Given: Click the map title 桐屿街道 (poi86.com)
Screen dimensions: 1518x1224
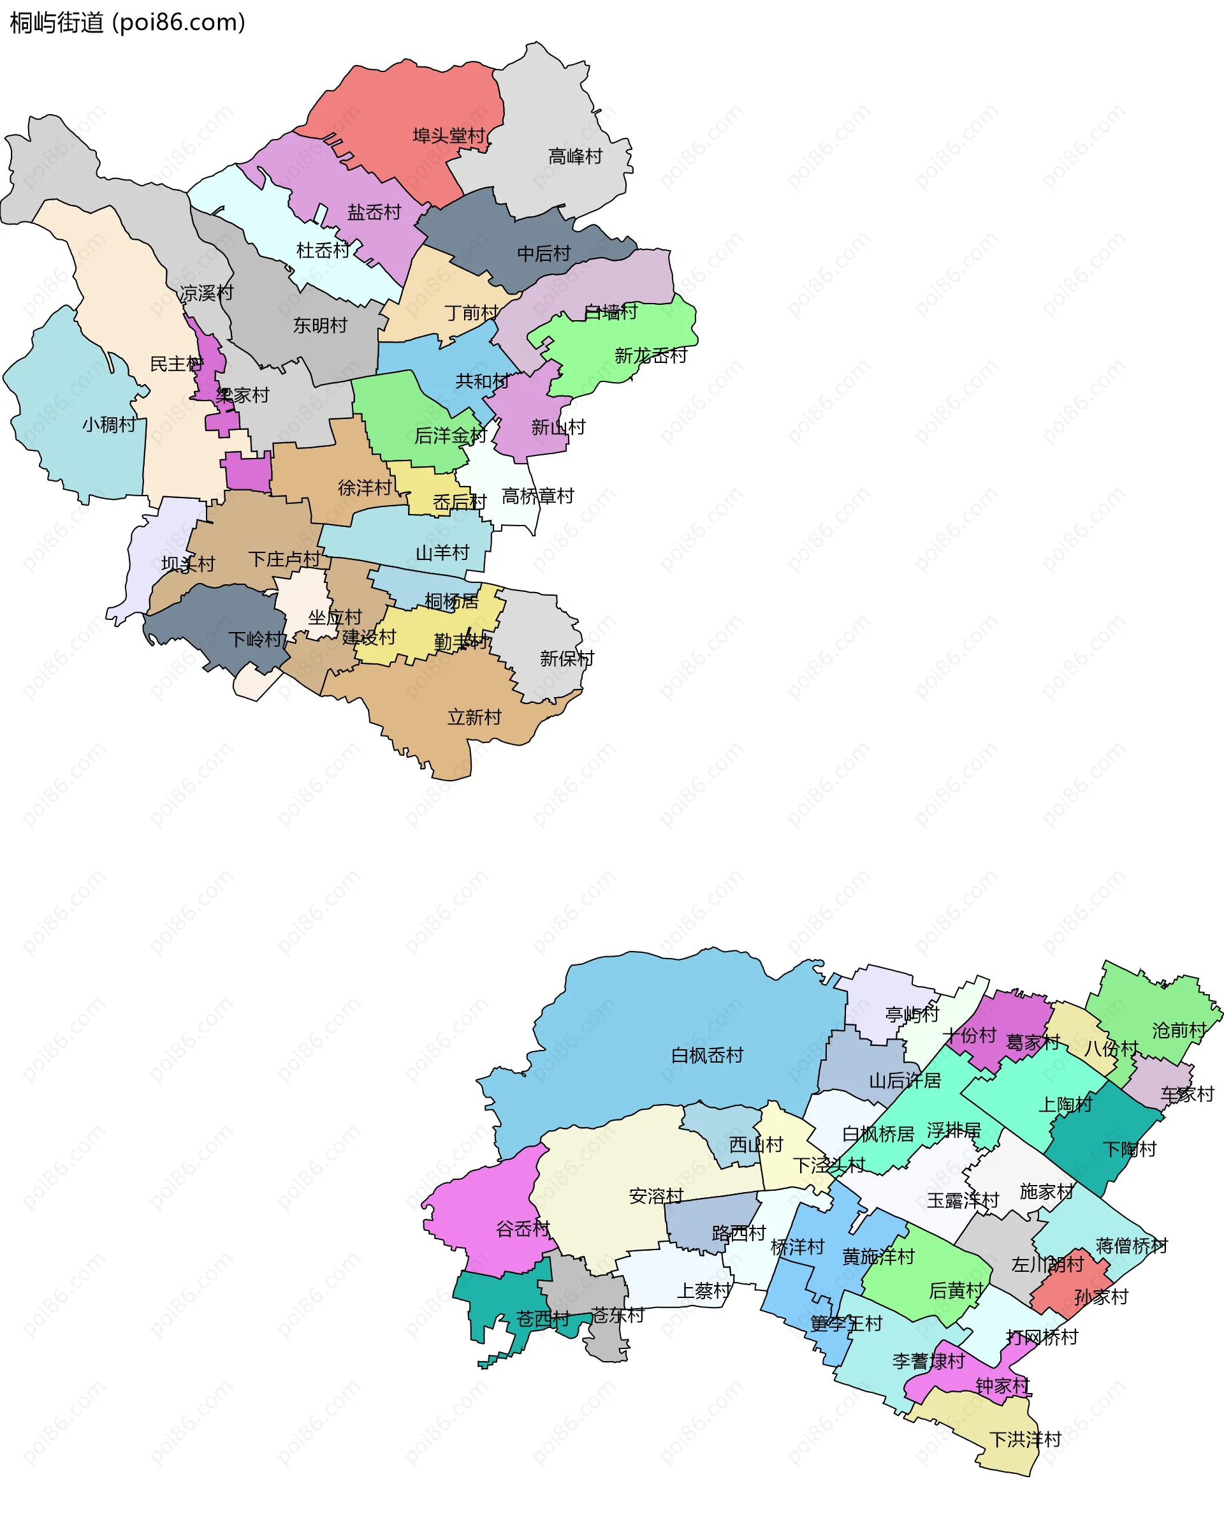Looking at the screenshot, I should tap(127, 22).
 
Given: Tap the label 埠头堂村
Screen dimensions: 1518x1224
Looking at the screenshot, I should tap(449, 135).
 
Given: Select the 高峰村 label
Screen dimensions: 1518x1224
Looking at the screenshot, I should tap(575, 157).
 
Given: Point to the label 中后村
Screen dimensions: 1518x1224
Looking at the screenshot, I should tap(544, 254).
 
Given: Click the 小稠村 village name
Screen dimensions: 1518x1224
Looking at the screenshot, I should tap(109, 425).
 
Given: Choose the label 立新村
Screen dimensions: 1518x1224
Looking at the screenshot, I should tap(474, 718).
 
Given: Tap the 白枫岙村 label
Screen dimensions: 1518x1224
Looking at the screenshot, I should tap(707, 1055).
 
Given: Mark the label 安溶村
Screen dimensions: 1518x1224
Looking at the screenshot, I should tap(657, 1196).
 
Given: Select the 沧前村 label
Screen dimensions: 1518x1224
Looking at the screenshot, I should tap(1179, 1031).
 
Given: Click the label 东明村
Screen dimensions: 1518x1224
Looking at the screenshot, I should tap(321, 325).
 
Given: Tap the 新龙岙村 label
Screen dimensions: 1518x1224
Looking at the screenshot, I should tap(651, 355).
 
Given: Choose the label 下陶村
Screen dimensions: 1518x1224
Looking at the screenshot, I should tap(1130, 1150).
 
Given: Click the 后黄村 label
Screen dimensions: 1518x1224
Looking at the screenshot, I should tap(956, 1290).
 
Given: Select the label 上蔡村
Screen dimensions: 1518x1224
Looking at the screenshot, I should tap(704, 1291).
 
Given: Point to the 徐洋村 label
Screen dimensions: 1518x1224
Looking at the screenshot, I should tap(365, 487).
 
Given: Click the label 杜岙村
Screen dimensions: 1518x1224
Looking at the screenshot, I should tap(324, 251).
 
